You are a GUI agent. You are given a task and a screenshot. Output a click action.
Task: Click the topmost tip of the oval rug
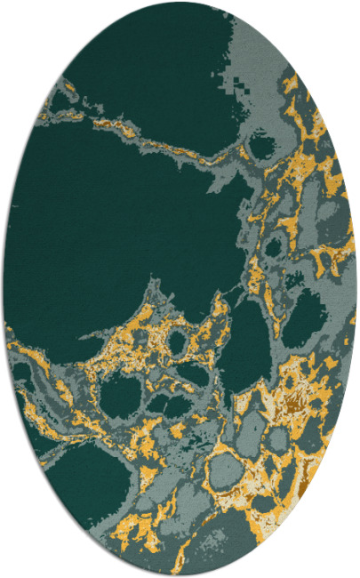pos(180,3)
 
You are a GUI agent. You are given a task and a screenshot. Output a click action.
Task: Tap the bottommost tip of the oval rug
pos(180,575)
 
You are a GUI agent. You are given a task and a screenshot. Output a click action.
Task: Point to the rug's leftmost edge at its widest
pos(4,289)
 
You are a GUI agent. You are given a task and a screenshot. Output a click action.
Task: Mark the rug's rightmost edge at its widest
pos(356,289)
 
